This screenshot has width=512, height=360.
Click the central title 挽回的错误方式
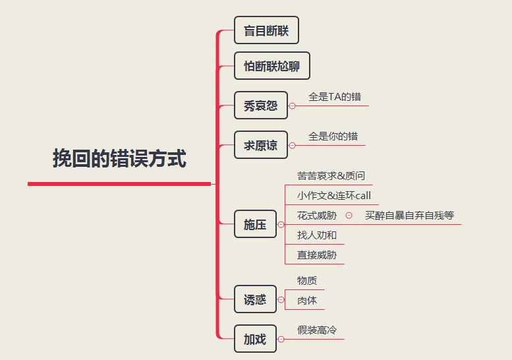119,159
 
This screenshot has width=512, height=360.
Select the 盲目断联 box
266,30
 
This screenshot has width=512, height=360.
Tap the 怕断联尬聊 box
271,66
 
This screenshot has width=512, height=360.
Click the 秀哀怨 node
261,105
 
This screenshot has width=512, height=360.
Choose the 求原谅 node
261,145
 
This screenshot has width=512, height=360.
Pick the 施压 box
255,225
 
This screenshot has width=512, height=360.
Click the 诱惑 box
255,299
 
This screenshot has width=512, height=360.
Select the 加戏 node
255,339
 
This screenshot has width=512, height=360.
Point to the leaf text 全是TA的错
335,97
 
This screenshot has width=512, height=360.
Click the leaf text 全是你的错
333,136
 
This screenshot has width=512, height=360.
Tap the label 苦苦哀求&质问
331,176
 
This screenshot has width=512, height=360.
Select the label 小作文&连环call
334,196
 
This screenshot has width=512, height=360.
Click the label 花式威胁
317,216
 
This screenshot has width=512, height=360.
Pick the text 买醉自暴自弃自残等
409,216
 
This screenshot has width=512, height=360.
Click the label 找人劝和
317,235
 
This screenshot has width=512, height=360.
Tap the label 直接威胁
317,255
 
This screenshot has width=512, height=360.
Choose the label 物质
307,281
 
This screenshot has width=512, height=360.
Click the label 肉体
307,301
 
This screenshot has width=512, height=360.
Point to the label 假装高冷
318,330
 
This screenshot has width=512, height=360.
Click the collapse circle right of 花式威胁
349,216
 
